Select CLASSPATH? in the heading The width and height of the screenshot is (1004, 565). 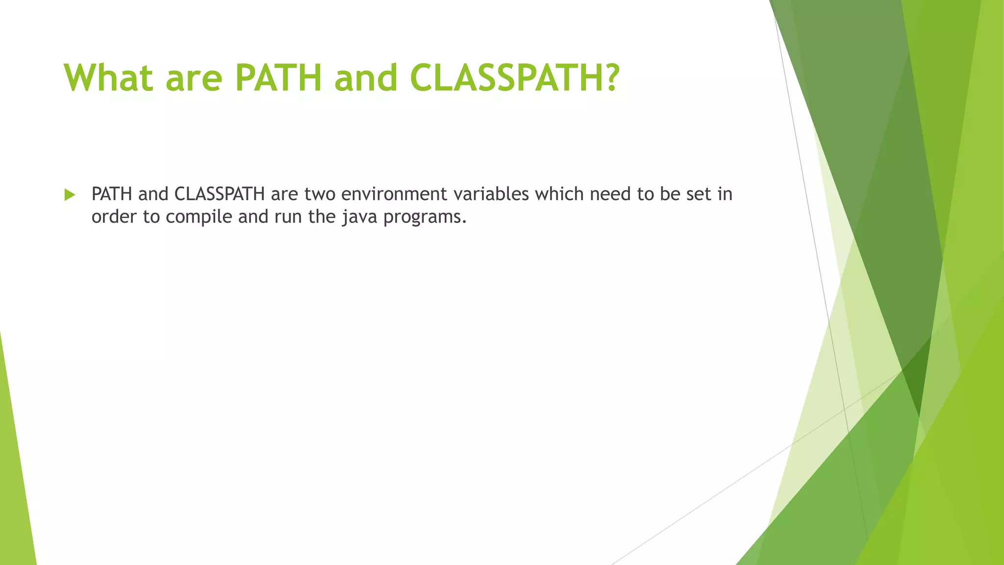point(515,77)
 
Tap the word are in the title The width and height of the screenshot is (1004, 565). point(194,77)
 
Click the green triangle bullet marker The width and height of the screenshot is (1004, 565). point(70,195)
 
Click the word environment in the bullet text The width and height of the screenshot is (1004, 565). point(394,194)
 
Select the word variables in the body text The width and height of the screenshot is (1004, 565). point(491,194)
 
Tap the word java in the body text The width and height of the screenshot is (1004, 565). point(359,216)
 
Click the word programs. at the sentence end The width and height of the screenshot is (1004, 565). point(425,216)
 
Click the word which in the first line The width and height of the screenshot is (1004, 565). point(559,194)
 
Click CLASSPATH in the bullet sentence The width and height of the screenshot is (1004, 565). point(219,194)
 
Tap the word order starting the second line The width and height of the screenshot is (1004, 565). point(114,216)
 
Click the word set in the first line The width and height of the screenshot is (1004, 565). point(698,194)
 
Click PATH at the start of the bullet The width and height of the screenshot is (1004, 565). point(112,194)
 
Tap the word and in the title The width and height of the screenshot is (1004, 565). point(365,77)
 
